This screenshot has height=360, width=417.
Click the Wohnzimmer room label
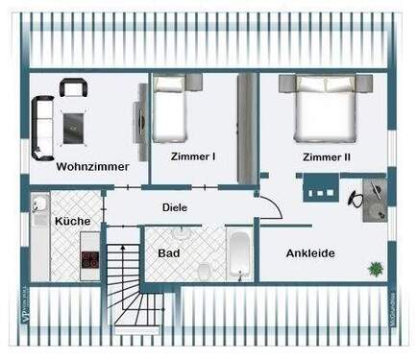pos(92,166)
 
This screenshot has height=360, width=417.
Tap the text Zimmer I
pos(193,156)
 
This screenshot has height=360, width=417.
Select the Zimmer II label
pos(327,156)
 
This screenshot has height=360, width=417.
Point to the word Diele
pos(175,206)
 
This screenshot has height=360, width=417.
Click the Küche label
pos(73,222)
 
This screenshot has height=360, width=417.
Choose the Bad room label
pos(168,252)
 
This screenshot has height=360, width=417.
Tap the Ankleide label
pos(310,253)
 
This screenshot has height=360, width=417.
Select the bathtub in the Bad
pos(238,254)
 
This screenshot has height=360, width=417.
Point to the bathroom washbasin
pos(181,232)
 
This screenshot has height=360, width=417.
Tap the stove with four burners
pos(90,259)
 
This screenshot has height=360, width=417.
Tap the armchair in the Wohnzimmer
pos(74,87)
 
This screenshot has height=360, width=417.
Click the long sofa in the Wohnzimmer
pos(42,127)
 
